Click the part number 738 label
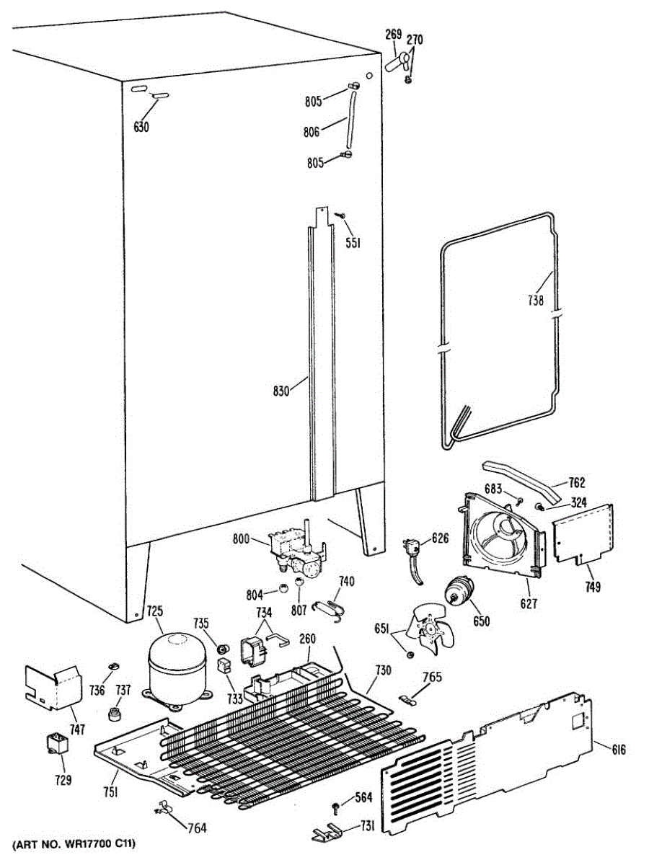click(x=534, y=301)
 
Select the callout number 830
click(x=281, y=391)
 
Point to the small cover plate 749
click(x=583, y=533)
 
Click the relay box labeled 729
click(x=55, y=742)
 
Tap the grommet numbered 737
click(x=114, y=714)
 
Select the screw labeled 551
click(x=344, y=216)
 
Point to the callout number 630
click(x=141, y=128)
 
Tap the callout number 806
click(x=312, y=132)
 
